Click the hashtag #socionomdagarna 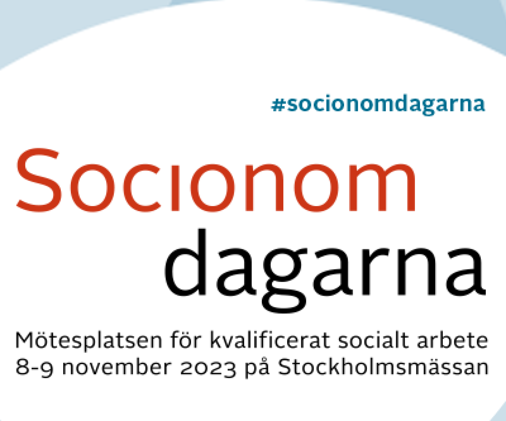(x=378, y=105)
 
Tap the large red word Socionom (x=216, y=180)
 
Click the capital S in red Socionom (x=39, y=180)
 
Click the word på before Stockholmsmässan (x=257, y=367)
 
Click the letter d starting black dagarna (x=186, y=262)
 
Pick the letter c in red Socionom (x=142, y=188)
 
